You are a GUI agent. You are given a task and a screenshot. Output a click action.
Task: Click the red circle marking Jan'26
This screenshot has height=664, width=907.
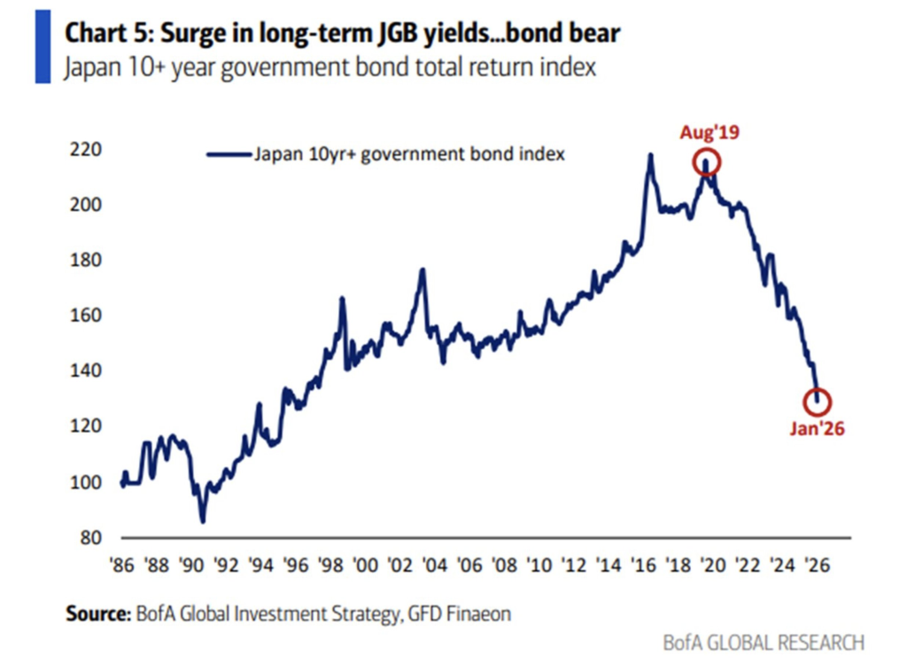pyautogui.click(x=817, y=402)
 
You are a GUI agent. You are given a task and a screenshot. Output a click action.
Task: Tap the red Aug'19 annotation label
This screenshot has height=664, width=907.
pyautogui.click(x=709, y=133)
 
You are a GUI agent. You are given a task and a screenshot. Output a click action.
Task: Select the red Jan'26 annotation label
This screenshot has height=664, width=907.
pyautogui.click(x=817, y=429)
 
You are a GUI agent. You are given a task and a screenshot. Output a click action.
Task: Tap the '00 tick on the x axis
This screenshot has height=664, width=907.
pyautogui.click(x=365, y=564)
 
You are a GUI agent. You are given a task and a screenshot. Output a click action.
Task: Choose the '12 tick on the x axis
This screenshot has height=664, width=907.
pyautogui.click(x=576, y=564)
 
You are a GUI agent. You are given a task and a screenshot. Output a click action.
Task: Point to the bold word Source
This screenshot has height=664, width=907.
pyautogui.click(x=97, y=613)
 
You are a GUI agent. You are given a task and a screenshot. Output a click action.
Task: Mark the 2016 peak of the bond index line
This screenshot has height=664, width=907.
pyautogui.click(x=651, y=155)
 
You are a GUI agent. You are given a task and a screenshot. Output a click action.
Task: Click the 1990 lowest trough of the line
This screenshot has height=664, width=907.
pyautogui.click(x=203, y=521)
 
